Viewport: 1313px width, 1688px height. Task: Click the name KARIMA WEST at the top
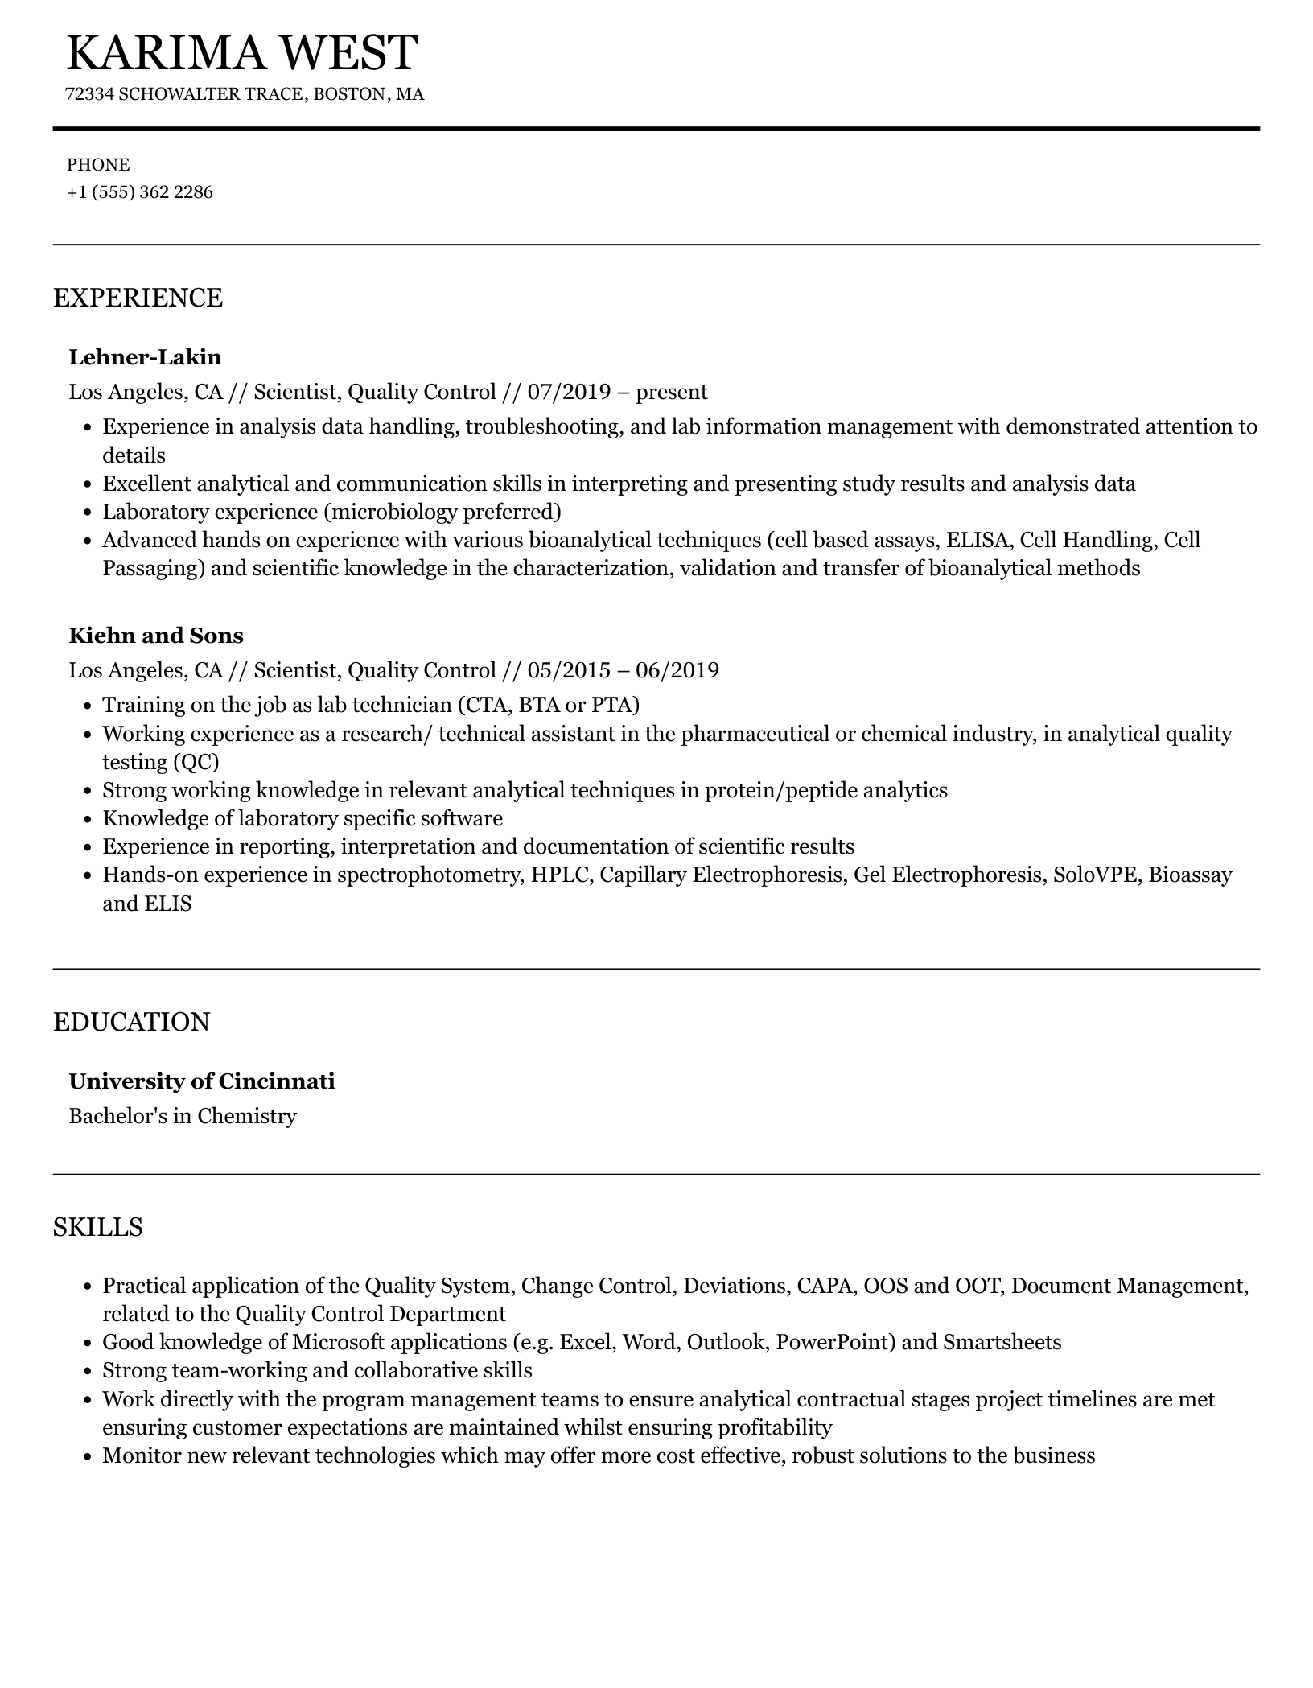[x=241, y=53]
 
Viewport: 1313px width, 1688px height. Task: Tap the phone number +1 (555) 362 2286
[x=140, y=192]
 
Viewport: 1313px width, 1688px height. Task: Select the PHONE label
[x=98, y=165]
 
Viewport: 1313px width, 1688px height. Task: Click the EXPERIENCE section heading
[x=138, y=298]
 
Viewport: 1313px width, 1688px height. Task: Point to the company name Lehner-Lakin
[x=145, y=357]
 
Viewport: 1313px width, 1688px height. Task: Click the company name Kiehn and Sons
[x=156, y=636]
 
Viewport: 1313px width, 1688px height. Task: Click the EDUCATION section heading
[x=131, y=1022]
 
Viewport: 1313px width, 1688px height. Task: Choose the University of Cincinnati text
[x=202, y=1081]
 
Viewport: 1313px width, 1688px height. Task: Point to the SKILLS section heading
[x=98, y=1227]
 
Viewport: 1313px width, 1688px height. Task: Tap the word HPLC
[x=558, y=875]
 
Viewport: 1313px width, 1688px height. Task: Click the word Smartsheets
[x=1002, y=1343]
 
